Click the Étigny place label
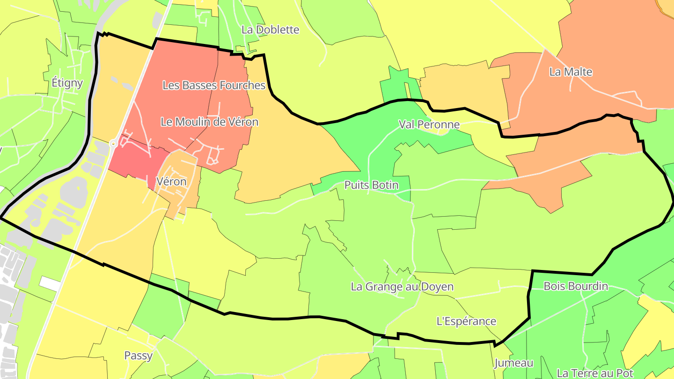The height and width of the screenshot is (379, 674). pos(67,83)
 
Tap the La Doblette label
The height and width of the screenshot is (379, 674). pos(270,29)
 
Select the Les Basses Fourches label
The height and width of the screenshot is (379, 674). pos(214,85)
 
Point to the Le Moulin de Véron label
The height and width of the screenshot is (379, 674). pos(209,122)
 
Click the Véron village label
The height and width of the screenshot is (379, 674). pos(172,182)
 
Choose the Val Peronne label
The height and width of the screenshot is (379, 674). pos(429,124)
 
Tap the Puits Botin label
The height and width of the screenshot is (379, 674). pos(371,185)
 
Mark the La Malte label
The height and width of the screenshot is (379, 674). pos(571,72)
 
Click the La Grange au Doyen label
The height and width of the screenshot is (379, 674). pos(402,286)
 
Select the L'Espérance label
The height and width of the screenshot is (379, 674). pos(466,321)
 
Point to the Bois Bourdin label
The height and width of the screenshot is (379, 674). pos(576,286)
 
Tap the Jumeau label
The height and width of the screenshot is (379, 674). pos(513,363)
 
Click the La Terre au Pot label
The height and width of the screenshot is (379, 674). pos(595,373)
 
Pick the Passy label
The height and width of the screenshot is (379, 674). pos(138,356)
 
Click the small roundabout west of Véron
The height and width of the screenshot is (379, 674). pos(113,143)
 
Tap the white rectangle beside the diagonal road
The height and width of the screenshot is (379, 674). pos(50,283)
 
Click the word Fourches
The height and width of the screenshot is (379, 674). pos(244,85)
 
